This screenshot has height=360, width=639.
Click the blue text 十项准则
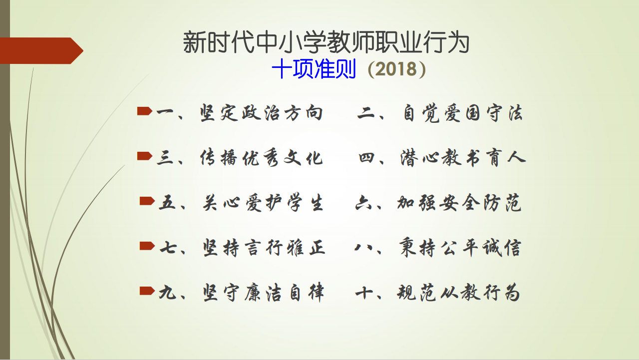click(314, 69)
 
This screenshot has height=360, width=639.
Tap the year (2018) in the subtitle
click(397, 69)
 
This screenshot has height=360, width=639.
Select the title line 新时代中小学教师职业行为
click(326, 42)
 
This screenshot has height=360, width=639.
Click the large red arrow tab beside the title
click(41, 51)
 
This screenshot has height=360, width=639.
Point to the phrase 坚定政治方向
click(261, 113)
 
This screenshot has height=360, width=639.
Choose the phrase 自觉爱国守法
click(463, 113)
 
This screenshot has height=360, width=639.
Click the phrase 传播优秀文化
click(261, 158)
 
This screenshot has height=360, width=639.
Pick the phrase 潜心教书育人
click(463, 158)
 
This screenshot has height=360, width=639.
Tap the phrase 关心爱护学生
click(263, 203)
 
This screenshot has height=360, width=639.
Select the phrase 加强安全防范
click(459, 203)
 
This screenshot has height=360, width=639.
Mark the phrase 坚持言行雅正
click(264, 248)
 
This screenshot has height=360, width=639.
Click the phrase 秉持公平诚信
click(460, 248)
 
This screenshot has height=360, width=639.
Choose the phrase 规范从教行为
click(458, 293)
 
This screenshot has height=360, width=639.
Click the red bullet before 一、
click(145, 111)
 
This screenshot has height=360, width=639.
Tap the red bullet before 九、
click(147, 291)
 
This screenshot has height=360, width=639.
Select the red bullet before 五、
click(147, 201)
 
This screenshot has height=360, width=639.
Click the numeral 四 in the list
click(366, 158)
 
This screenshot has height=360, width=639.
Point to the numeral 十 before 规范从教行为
click(364, 293)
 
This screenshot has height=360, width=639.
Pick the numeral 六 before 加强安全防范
click(363, 203)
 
